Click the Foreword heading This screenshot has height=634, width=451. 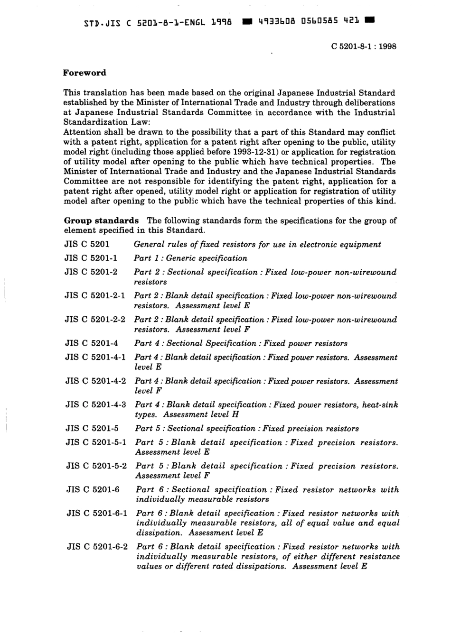(x=85, y=73)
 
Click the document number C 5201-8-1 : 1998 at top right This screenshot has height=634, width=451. (x=363, y=46)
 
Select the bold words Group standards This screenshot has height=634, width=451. (x=101, y=221)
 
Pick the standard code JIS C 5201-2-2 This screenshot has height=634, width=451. (x=95, y=320)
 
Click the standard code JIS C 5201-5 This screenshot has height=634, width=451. (x=92, y=429)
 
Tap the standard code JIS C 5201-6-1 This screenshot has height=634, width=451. (x=97, y=514)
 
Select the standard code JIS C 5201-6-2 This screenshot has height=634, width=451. (x=97, y=547)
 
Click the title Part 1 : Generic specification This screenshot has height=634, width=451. (x=190, y=258)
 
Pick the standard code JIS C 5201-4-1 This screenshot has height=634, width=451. (x=95, y=358)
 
